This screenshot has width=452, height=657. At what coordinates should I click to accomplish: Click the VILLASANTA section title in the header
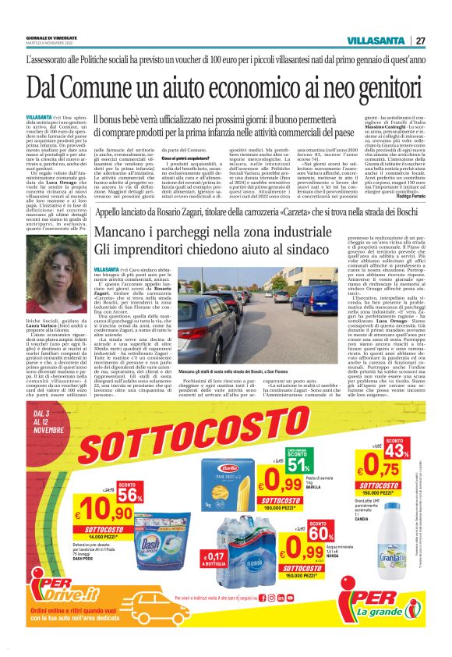(378, 41)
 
